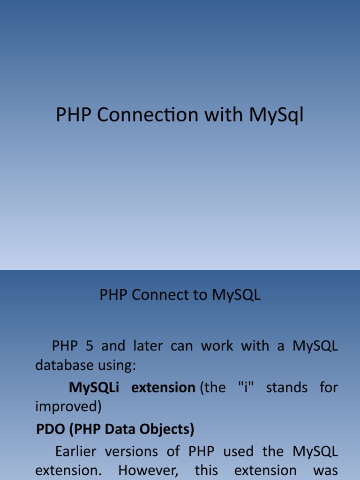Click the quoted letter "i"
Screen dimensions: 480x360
point(246,387)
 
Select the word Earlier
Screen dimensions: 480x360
point(75,451)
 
